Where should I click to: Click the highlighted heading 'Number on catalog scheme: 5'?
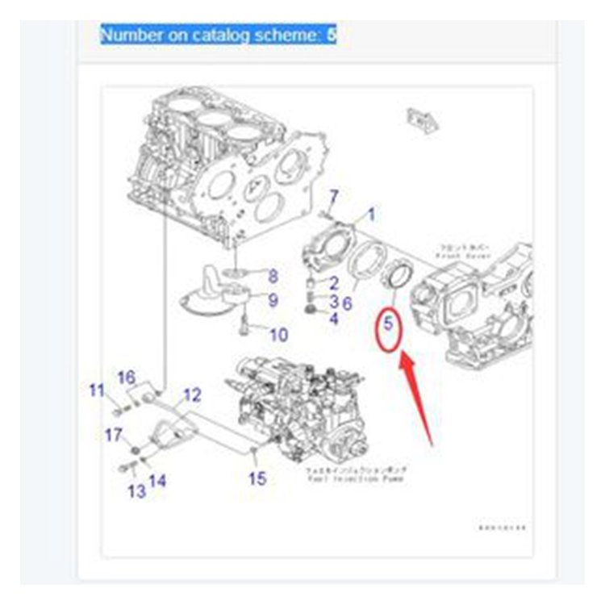pyautogui.click(x=218, y=35)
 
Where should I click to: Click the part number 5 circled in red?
pyautogui.click(x=387, y=327)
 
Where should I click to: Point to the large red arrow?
pyautogui.click(x=419, y=398)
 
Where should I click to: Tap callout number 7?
pyautogui.click(x=333, y=195)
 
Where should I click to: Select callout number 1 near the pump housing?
pyautogui.click(x=371, y=215)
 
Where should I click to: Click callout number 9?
pyautogui.click(x=273, y=301)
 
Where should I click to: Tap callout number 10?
pyautogui.click(x=277, y=334)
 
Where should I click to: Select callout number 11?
pyautogui.click(x=97, y=392)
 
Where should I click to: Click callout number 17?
pyautogui.click(x=112, y=436)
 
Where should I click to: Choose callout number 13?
pyautogui.click(x=137, y=491)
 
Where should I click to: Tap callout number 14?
pyautogui.click(x=158, y=481)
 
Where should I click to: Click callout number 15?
pyautogui.click(x=257, y=478)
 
